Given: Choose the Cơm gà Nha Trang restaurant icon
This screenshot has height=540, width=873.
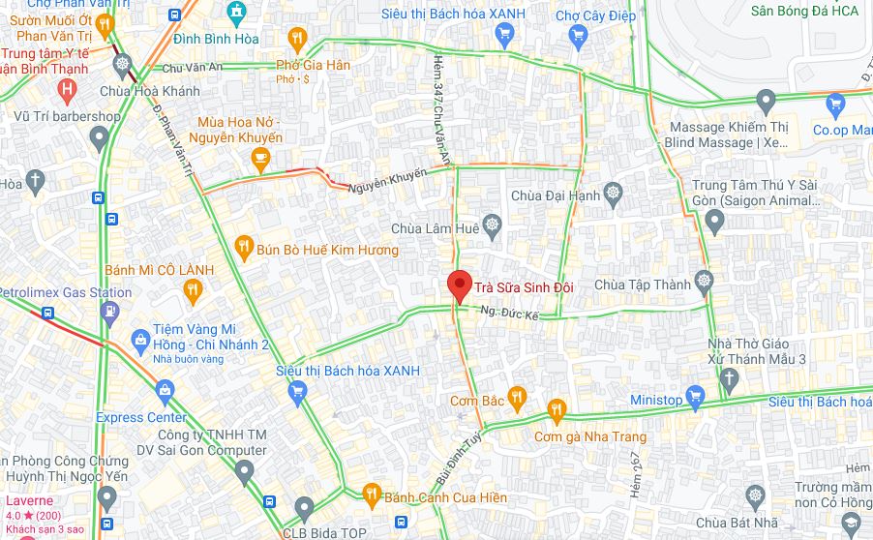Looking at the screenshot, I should coord(556,410).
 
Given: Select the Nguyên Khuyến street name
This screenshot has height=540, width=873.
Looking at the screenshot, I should coord(387,180).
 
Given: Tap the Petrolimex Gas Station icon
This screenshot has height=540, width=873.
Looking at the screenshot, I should coord(109,312).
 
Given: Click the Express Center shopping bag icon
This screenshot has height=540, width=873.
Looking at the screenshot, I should coord(164,391).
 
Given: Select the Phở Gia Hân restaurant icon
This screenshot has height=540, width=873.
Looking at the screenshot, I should coord(297,40).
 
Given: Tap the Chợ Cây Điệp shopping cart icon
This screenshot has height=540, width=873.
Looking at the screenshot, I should coord(579,36).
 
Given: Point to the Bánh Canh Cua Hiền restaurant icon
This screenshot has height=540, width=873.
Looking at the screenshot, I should coord(372,495).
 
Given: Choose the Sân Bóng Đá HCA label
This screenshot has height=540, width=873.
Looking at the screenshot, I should coord(804,12).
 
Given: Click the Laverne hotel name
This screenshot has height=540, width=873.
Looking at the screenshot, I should coord(23,501).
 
